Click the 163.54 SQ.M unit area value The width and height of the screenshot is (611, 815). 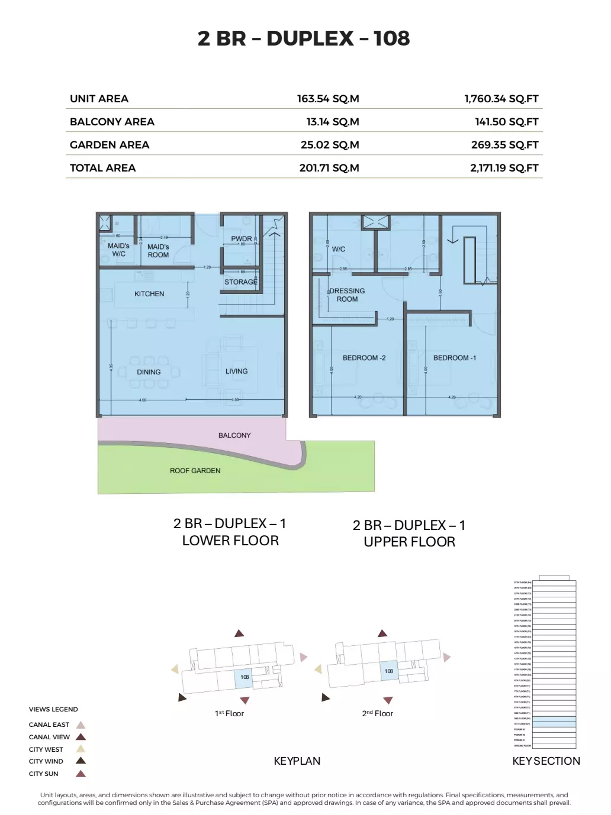pos(328,99)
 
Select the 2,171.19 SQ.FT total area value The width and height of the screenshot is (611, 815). pos(504,168)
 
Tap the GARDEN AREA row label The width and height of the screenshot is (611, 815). pos(110,145)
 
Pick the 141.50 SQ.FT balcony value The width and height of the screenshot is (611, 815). pos(506,122)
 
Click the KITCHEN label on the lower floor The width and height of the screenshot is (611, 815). pos(149,294)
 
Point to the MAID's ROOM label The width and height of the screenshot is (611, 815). pos(158,251)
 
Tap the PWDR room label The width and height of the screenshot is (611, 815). pos(242,239)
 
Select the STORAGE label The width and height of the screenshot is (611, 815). pos(240,282)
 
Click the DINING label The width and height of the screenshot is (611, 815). pos(149,372)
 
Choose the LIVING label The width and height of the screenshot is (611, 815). pos(236,371)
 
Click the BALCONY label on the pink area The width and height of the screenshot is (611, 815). pos(234,435)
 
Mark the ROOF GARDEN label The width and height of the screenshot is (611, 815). pos(195,471)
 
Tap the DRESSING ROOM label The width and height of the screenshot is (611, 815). pos(347,295)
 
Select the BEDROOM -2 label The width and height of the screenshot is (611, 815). pos(364,358)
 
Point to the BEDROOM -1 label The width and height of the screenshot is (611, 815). pos(454,358)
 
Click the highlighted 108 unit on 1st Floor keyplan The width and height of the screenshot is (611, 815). pos(244,678)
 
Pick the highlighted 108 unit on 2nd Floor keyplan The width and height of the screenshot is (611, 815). pos(388,671)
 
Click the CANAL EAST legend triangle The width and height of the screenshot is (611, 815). pos(81,725)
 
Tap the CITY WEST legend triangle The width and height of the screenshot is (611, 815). pos(81,749)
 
